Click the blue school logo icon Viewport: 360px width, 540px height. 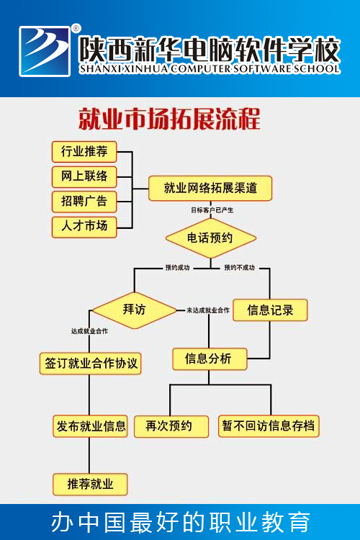pyautogui.click(x=45, y=51)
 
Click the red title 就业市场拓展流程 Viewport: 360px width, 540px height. pyautogui.click(x=169, y=119)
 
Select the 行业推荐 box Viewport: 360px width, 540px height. pyautogui.click(x=84, y=151)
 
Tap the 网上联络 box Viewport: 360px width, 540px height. pyautogui.click(x=84, y=176)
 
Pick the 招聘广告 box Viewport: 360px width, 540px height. pyautogui.click(x=84, y=202)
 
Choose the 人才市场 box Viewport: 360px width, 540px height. pyautogui.click(x=84, y=227)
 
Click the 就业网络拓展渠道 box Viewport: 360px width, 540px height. pyautogui.click(x=210, y=188)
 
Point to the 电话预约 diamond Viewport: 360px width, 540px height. pyautogui.click(x=210, y=238)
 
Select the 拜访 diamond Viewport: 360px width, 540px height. pyautogui.click(x=135, y=310)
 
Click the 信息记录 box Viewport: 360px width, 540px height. pyautogui.click(x=270, y=310)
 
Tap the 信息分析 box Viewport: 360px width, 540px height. pyautogui.click(x=210, y=359)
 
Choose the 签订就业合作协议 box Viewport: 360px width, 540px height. pyautogui.click(x=90, y=364)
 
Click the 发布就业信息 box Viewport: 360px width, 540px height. pyautogui.click(x=90, y=426)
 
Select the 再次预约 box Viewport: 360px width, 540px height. pyautogui.click(x=171, y=426)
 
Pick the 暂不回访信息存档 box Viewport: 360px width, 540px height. pyautogui.click(x=269, y=426)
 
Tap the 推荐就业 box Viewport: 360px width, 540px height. pyautogui.click(x=90, y=485)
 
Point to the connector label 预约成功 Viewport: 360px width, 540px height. pyautogui.click(x=177, y=268)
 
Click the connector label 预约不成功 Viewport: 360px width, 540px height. pyautogui.click(x=240, y=268)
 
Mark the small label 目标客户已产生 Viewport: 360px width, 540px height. pyautogui.click(x=212, y=210)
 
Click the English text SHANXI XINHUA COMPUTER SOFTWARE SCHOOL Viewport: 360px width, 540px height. pyautogui.click(x=210, y=69)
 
